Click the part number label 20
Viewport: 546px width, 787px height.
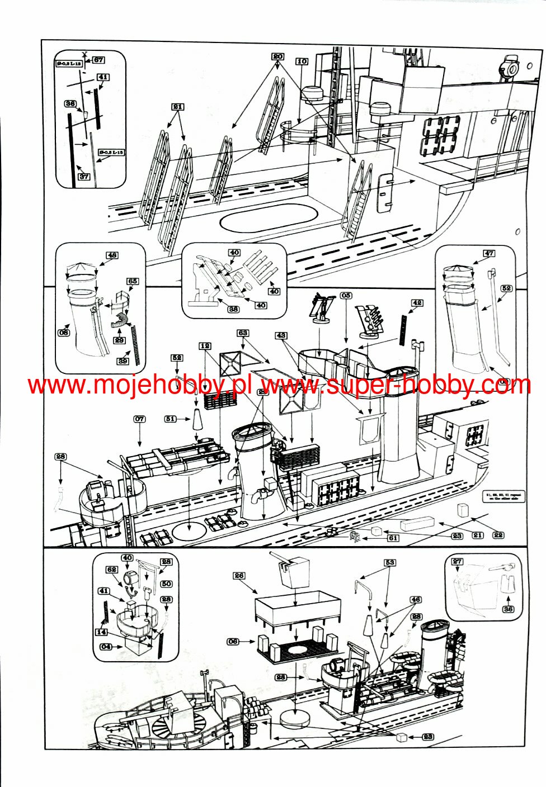[x=278, y=56]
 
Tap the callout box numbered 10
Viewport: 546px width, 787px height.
[x=302, y=61]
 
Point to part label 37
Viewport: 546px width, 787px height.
[x=83, y=177]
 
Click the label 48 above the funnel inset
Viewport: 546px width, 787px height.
[x=112, y=255]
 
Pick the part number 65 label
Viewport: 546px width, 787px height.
[x=132, y=281]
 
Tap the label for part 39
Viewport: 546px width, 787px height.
[x=123, y=361]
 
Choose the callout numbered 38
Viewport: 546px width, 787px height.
[x=233, y=309]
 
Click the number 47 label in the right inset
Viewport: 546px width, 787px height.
[x=489, y=253]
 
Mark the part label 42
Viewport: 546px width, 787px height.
[x=417, y=303]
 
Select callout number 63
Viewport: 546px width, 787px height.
[x=242, y=333]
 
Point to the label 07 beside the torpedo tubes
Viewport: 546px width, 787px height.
[x=139, y=419]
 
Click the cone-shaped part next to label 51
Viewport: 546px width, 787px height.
[x=197, y=420]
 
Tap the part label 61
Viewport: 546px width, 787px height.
[x=393, y=538]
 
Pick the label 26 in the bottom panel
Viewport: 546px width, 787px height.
[x=239, y=575]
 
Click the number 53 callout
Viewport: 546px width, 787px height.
[x=389, y=562]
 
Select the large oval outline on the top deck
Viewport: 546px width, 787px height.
[x=269, y=218]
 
